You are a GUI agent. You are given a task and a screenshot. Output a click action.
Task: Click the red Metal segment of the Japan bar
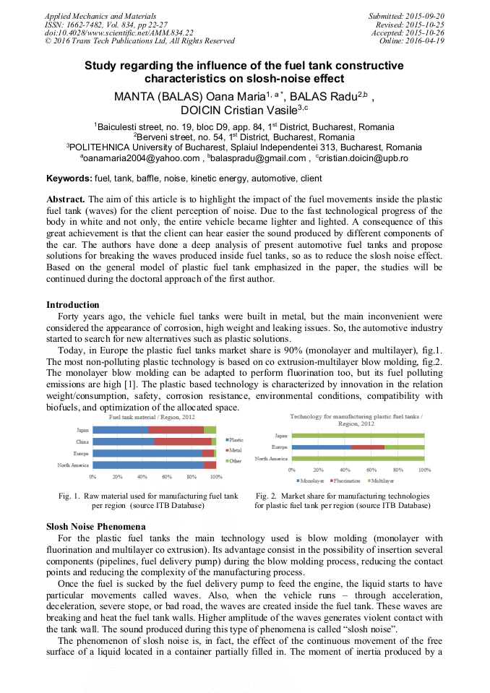point(176,430)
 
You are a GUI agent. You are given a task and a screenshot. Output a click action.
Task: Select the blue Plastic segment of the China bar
point(123,442)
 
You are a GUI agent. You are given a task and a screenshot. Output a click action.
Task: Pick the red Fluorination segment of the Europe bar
point(368,447)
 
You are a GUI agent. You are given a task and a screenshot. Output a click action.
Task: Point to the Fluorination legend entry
point(346,481)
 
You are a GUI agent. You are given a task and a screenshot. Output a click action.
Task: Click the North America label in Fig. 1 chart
point(73,465)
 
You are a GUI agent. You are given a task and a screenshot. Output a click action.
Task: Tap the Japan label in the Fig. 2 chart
point(280,436)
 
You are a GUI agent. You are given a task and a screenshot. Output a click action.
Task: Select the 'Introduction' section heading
point(73,305)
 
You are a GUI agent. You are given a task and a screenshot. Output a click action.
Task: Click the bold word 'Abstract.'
point(66,199)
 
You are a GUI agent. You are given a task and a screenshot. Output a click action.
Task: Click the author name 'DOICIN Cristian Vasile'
point(238,110)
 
